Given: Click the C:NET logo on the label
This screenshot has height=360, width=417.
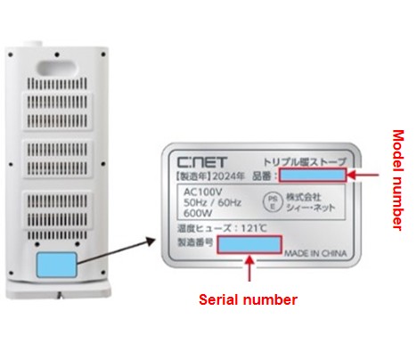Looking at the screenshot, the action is [x=202, y=162].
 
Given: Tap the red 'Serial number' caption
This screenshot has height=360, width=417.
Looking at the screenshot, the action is [x=248, y=299].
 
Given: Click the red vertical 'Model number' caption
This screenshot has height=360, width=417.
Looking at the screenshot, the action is [x=398, y=180].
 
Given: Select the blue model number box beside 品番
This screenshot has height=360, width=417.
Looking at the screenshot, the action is [x=313, y=175].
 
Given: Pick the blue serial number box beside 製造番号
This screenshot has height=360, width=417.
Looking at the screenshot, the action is [x=249, y=244].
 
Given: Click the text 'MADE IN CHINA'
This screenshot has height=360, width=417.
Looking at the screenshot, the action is [x=315, y=253].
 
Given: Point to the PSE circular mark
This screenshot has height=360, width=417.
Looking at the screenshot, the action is [x=273, y=202].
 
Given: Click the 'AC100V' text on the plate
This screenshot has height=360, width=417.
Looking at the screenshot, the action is [x=202, y=192].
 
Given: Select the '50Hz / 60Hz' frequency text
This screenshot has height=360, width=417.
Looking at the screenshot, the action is [x=212, y=202].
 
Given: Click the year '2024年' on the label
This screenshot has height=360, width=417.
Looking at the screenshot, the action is [x=228, y=176].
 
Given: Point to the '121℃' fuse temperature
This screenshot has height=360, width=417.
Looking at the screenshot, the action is [x=254, y=228].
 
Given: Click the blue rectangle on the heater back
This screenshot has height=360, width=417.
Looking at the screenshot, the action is [x=56, y=265].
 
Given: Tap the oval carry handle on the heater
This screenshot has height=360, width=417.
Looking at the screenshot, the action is [x=56, y=68].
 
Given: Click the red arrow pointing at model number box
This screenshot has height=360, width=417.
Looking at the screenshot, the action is [x=363, y=175].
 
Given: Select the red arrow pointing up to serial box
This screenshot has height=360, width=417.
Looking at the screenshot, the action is [x=249, y=268].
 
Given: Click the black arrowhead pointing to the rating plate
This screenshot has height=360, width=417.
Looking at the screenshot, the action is [x=151, y=241].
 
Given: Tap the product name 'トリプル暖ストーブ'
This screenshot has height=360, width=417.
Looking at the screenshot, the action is [x=305, y=162].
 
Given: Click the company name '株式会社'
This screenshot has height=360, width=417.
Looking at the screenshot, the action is [x=304, y=197].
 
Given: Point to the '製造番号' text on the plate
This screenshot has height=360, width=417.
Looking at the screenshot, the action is [x=195, y=242].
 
